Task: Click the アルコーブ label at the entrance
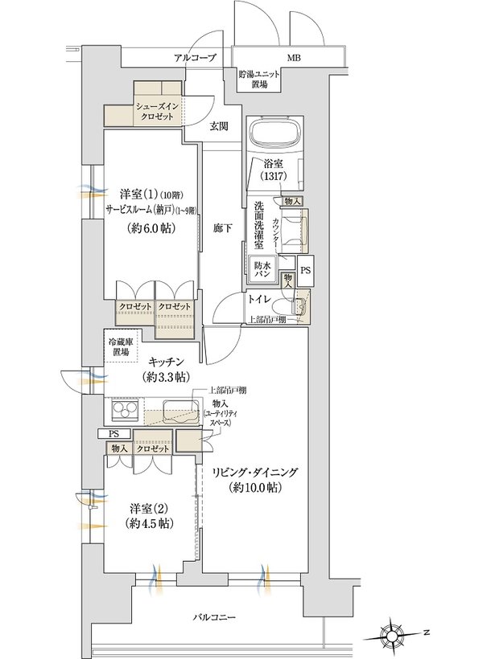point(195,58)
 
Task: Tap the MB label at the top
point(294,58)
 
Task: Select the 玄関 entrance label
point(219,125)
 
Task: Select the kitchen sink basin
point(181,411)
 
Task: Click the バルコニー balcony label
point(214,617)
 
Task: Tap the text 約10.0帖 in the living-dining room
point(255,488)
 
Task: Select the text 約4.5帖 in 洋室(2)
point(150,523)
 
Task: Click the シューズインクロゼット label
point(156,113)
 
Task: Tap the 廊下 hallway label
point(222,228)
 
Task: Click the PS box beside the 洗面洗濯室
point(305,271)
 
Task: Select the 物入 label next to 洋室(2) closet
point(119,449)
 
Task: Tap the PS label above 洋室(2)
point(113,434)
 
